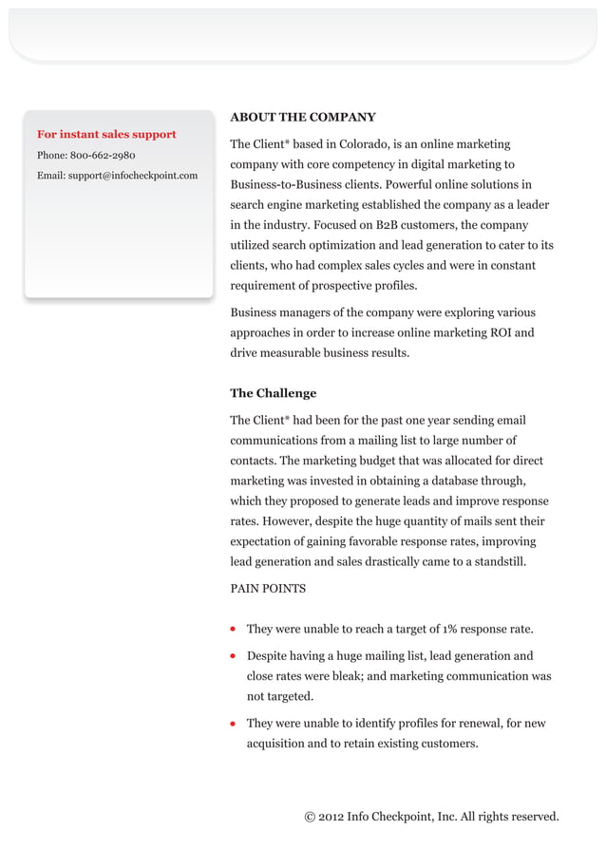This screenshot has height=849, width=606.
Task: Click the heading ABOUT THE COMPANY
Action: tap(303, 118)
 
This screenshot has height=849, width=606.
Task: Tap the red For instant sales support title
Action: tap(106, 135)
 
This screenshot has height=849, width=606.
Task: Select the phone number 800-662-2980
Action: tap(103, 155)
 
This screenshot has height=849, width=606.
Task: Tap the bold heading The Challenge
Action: tap(274, 393)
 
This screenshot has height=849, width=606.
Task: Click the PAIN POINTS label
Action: tap(268, 589)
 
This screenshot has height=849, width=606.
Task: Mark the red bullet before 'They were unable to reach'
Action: tap(234, 630)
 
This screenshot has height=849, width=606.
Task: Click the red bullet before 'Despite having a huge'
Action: tap(234, 656)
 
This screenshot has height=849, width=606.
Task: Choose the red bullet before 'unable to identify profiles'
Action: tap(234, 724)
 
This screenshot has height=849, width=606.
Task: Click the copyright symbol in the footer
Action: tap(310, 817)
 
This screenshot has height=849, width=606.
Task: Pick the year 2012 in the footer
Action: tap(331, 817)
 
